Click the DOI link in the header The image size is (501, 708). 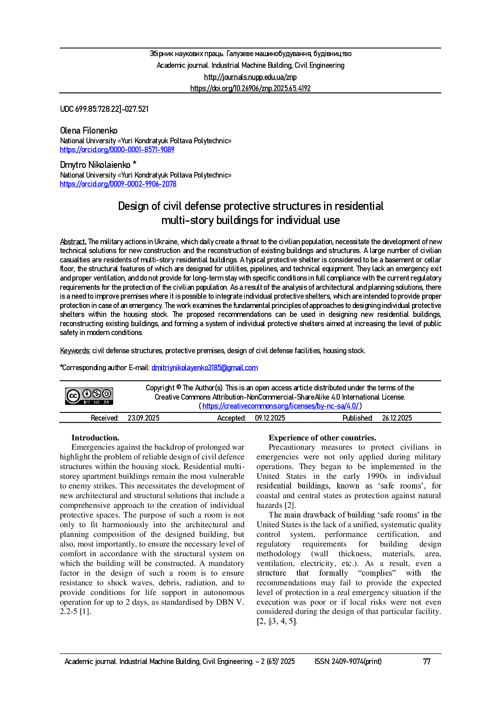pyautogui.click(x=250, y=88)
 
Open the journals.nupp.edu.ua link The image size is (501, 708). pyautogui.click(x=250, y=77)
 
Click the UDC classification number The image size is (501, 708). pyautogui.click(x=104, y=109)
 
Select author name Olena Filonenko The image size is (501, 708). pyautogui.click(x=88, y=130)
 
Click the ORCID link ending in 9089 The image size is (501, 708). pyautogui.click(x=117, y=150)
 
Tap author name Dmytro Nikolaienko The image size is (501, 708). pyautogui.click(x=95, y=165)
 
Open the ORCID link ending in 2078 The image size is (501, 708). pyautogui.click(x=118, y=184)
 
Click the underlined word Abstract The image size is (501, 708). pyautogui.click(x=73, y=242)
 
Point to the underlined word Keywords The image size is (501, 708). pyautogui.click(x=75, y=351)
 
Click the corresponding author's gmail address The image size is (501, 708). pyautogui.click(x=204, y=368)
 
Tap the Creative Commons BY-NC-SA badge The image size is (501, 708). pyautogui.click(x=89, y=396)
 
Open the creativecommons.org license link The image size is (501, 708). pyautogui.click(x=280, y=406)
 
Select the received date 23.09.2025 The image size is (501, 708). pyautogui.click(x=143, y=418)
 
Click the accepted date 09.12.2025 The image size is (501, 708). pyautogui.click(x=270, y=418)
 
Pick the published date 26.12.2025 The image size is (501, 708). pyautogui.click(x=397, y=418)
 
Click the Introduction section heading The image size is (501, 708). pyautogui.click(x=95, y=438)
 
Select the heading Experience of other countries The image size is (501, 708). pyautogui.click(x=322, y=438)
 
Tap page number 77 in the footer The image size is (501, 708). pyautogui.click(x=427, y=662)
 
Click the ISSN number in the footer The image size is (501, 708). pyautogui.click(x=348, y=662)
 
